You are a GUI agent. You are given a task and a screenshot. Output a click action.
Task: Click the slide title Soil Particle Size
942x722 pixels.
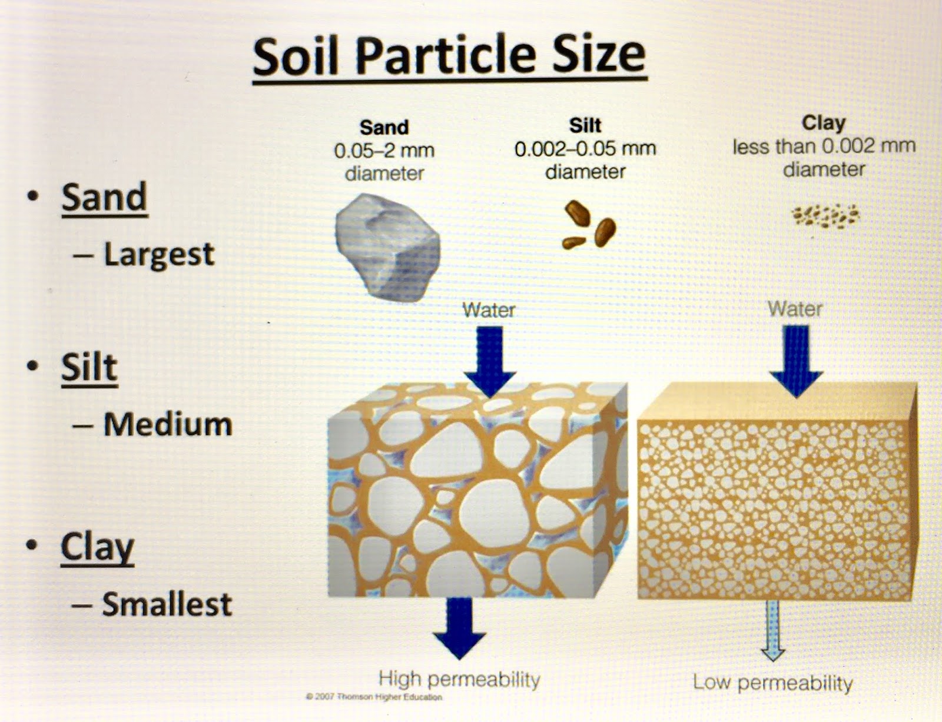449,55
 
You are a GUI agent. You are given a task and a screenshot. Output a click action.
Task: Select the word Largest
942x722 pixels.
159,254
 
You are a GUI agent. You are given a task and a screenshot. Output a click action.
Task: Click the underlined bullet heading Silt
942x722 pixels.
89,368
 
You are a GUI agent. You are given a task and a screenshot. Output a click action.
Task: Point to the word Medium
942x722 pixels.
168,424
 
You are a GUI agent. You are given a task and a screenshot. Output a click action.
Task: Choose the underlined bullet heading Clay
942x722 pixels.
97,547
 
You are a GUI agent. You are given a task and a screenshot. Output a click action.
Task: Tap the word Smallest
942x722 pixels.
167,604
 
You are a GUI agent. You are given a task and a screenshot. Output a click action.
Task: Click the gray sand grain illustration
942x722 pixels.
387,246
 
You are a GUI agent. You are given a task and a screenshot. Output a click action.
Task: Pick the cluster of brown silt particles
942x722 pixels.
589,225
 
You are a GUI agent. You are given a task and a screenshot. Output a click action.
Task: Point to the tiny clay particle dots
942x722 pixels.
825,217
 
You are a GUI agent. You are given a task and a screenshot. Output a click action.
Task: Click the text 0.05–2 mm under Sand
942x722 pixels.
384,151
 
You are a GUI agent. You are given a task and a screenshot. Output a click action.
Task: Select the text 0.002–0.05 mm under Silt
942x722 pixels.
585,149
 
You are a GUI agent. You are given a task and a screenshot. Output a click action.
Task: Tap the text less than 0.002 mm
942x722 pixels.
824,147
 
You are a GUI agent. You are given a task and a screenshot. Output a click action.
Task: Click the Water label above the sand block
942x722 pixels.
489,310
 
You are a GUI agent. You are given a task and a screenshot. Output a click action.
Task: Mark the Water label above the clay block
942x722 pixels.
795,309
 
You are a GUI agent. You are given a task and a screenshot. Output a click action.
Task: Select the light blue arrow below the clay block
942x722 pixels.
772,630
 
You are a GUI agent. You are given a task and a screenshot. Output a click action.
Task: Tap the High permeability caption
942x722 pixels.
459,679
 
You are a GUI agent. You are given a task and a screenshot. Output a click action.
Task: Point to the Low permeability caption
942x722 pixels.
772,683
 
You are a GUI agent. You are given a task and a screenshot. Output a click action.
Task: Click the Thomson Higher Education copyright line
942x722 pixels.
374,697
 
